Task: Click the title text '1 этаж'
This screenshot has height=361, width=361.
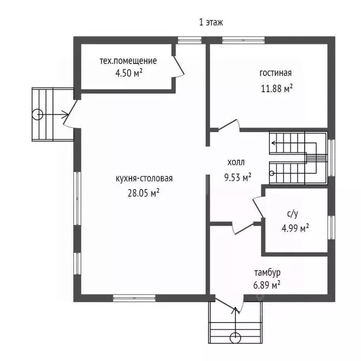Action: click(211, 23)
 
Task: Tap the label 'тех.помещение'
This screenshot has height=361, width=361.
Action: click(128, 61)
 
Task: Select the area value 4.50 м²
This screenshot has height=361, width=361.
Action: click(129, 73)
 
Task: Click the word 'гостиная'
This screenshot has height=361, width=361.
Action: click(275, 73)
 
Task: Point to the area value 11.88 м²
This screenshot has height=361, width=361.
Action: click(277, 88)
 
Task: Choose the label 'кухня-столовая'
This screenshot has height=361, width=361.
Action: click(144, 179)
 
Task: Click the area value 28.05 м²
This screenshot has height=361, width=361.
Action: click(143, 193)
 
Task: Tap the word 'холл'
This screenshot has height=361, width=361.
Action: click(236, 163)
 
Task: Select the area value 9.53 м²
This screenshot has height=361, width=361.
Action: click(237, 177)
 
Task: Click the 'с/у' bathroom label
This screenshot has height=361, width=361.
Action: click(293, 214)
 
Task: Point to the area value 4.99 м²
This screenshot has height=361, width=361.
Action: click(295, 228)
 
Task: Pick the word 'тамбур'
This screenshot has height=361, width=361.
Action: click(267, 273)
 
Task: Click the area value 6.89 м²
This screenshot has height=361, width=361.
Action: click(267, 285)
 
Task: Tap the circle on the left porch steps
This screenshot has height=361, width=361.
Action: click(37, 114)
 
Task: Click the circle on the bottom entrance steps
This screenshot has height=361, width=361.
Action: click(235, 338)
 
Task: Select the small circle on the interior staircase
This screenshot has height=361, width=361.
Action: click(272, 173)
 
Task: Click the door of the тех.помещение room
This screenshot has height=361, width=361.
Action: click(178, 67)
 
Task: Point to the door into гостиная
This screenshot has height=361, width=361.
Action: click(229, 125)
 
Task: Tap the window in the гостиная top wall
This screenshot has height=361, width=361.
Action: click(243, 40)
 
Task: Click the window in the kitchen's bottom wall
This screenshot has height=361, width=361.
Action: click(134, 298)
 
